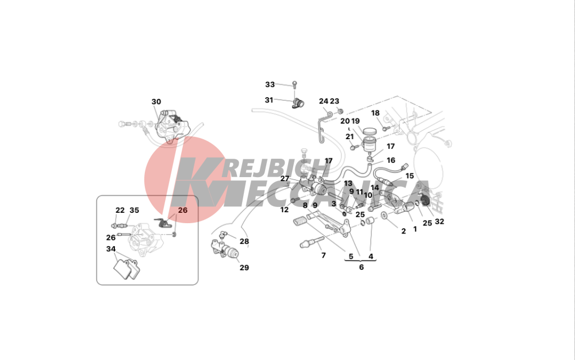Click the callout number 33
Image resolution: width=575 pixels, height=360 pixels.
pyautogui.click(x=270, y=85)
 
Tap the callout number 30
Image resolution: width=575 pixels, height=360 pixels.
pyautogui.click(x=156, y=102)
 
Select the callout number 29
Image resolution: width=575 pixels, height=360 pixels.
pyautogui.click(x=244, y=267)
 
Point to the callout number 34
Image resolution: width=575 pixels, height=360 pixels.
pyautogui.click(x=111, y=249)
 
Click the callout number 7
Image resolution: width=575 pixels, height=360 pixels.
pyautogui.click(x=323, y=255)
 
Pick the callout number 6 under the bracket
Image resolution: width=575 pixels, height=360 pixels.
pyautogui.click(x=361, y=267)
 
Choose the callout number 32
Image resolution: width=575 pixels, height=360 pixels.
pyautogui.click(x=439, y=221)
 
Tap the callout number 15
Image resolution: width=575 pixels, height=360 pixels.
pyautogui.click(x=409, y=176)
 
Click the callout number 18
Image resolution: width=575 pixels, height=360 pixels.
pyautogui.click(x=375, y=113)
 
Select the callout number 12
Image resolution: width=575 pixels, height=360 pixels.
pyautogui.click(x=285, y=210)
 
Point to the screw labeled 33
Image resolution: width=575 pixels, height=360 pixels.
pyautogui.click(x=294, y=85)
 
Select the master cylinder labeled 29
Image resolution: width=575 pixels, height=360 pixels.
pyautogui.click(x=224, y=249)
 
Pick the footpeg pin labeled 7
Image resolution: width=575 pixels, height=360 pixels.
pyautogui.click(x=312, y=242)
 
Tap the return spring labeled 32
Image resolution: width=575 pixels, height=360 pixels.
pyautogui.click(x=425, y=201)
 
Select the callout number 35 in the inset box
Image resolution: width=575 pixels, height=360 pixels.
pyautogui.click(x=134, y=210)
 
